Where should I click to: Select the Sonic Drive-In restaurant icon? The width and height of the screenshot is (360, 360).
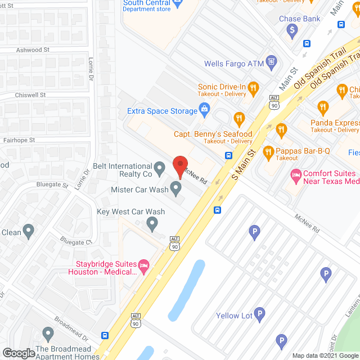253,87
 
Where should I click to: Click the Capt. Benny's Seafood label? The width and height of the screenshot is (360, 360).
213,134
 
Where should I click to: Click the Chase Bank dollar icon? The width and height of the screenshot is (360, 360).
292,30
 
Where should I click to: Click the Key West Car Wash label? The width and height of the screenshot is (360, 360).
131,212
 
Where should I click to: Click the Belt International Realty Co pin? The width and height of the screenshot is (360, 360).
160,166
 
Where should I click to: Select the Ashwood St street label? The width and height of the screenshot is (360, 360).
29,50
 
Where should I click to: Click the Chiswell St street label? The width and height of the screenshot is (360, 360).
30,95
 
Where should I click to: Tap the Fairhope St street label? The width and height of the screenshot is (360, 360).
19,140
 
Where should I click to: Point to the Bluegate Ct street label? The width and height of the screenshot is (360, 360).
76,242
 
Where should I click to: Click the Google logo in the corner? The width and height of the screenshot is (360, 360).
19,353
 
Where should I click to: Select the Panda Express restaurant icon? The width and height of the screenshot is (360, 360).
323,107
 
